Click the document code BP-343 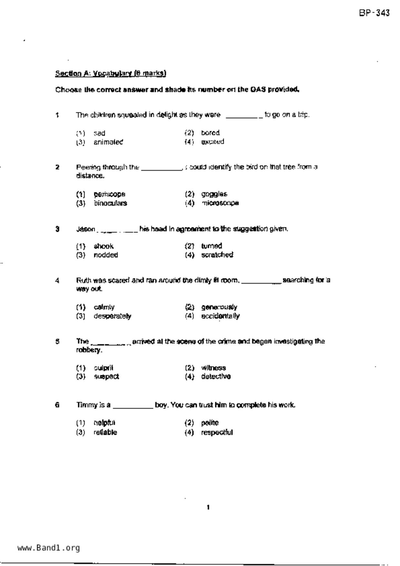[374, 13]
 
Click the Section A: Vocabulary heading [110, 74]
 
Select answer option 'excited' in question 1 [212, 142]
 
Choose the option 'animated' [108, 142]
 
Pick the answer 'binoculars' [110, 203]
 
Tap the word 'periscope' [109, 194]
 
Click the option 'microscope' [220, 203]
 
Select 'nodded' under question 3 [106, 255]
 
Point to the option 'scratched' [217, 255]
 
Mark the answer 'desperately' [112, 316]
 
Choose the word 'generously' [219, 307]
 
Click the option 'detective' [216, 376]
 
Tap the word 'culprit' [103, 368]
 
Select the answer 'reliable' [105, 432]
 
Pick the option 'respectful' [217, 432]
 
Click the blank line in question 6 [133, 407]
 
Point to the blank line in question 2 [162, 169]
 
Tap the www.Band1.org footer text [48, 548]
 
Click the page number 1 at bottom [208, 508]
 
